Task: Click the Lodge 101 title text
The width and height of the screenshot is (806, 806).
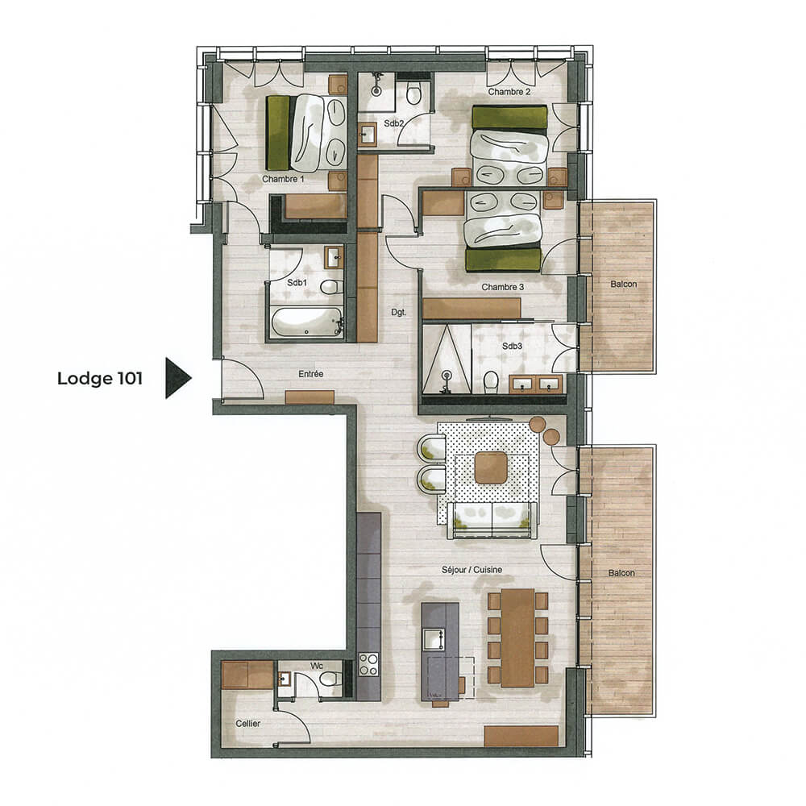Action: click(99, 379)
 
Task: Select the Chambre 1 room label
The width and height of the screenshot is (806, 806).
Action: click(283, 179)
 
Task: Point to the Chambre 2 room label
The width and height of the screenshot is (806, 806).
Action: click(509, 92)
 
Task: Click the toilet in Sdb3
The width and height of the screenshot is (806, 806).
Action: click(489, 380)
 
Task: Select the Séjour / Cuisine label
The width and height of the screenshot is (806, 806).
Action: click(472, 570)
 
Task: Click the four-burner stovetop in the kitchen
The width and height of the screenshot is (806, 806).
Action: click(368, 665)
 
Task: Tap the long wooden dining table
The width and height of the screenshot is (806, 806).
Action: click(517, 637)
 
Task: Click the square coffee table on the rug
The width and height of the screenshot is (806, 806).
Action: click(489, 467)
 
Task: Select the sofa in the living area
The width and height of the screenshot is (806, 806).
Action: click(492, 518)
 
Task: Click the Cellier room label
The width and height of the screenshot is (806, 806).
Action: click(248, 724)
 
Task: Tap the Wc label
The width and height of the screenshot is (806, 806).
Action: click(316, 666)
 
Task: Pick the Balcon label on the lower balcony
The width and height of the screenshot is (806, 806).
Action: click(622, 573)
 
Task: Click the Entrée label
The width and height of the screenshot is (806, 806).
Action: click(310, 374)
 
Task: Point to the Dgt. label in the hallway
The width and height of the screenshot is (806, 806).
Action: click(398, 311)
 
